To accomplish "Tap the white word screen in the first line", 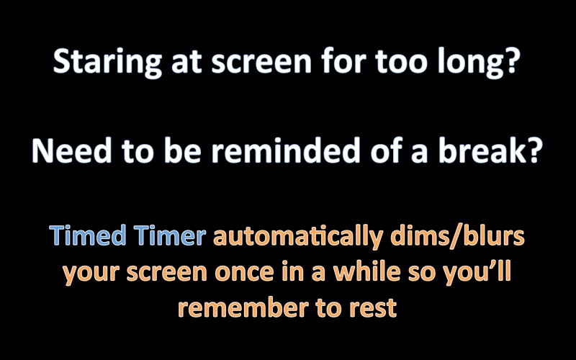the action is [261, 63].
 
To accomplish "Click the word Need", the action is [72, 150].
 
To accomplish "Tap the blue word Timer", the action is [169, 235].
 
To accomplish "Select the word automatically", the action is [298, 238].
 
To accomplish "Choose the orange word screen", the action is [167, 273].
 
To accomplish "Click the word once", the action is [244, 273].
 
